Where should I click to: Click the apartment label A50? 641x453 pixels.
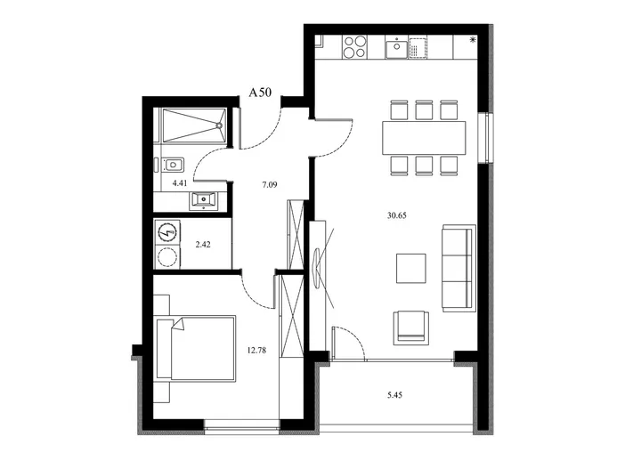point(260,93)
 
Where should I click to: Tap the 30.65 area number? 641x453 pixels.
point(396,215)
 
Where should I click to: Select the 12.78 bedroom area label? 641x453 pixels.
point(256,350)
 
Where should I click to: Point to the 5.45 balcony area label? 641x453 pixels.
point(394,395)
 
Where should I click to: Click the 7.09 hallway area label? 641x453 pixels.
point(270,185)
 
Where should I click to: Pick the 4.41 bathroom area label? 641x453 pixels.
point(180,183)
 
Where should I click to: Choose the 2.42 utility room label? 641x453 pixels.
point(203,245)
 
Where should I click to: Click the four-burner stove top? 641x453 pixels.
point(354,47)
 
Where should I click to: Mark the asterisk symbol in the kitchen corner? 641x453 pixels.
point(473,40)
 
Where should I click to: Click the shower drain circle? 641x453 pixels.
point(220,125)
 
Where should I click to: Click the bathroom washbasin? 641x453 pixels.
point(204,201)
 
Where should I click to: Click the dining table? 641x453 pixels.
point(424,138)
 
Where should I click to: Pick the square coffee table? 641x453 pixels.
point(411,268)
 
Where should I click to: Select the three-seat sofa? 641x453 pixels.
point(459,268)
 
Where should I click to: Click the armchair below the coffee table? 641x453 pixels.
point(411,328)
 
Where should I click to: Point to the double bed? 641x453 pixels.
point(196,349)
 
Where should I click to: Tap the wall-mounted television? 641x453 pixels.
point(317,268)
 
